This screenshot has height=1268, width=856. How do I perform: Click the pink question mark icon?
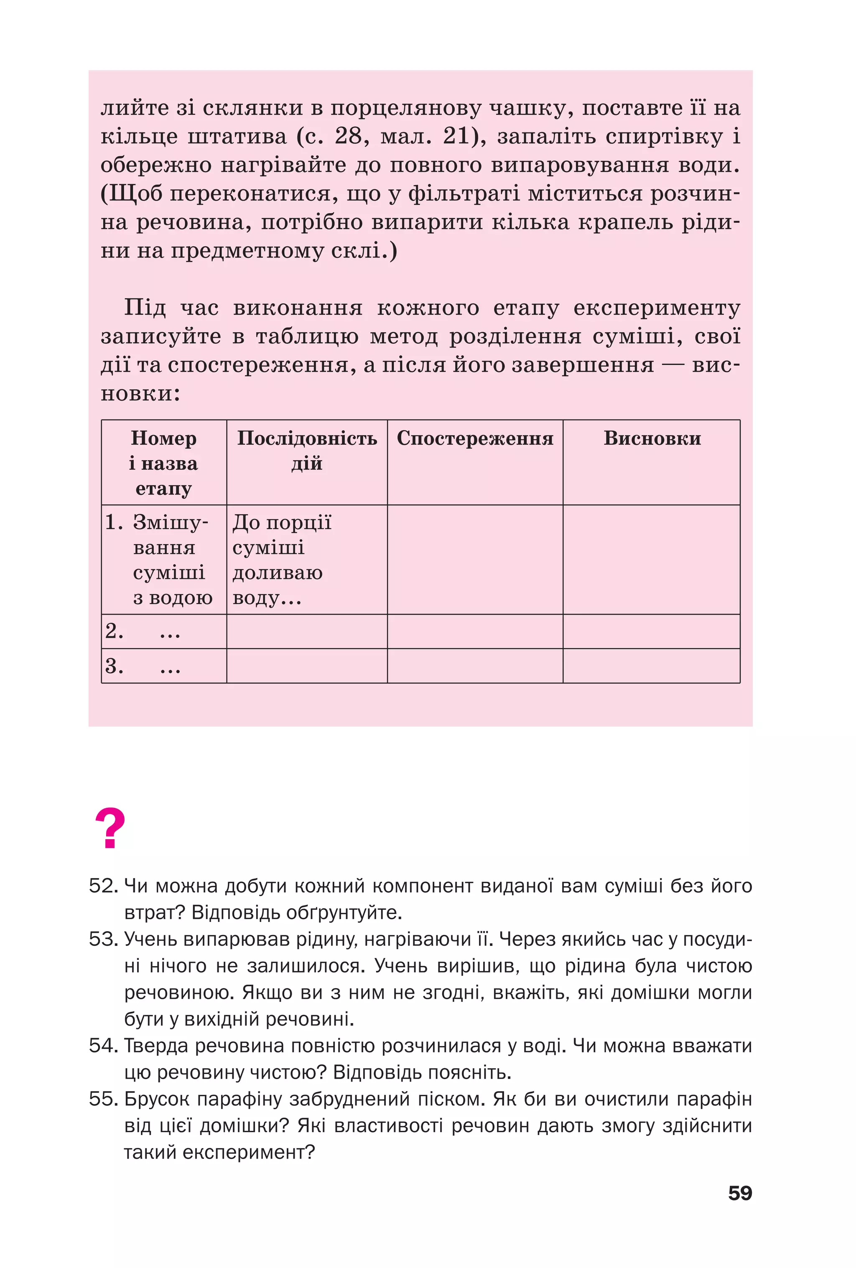click(x=110, y=829)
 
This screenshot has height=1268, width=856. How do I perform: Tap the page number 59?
click(x=740, y=1193)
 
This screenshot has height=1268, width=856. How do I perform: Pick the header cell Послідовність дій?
click(x=307, y=451)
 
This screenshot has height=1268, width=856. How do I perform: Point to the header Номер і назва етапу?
click(x=164, y=463)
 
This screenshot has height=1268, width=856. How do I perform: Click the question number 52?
click(x=103, y=886)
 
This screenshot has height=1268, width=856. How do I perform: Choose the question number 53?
click(x=103, y=939)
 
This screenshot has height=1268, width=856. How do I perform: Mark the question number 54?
click(x=103, y=1046)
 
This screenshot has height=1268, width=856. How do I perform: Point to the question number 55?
click(x=103, y=1099)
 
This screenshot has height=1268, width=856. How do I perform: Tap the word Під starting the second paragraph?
click(x=145, y=308)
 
